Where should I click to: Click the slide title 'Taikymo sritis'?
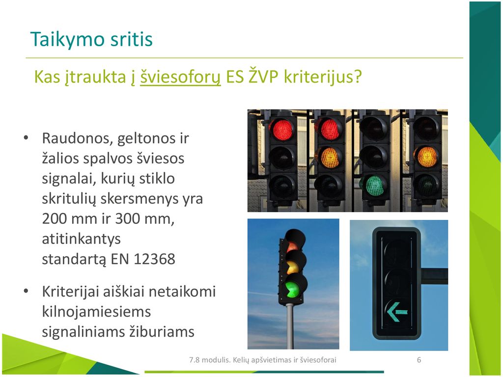click(91, 40)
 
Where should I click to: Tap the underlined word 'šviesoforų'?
click(180, 77)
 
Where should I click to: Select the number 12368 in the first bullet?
click(154, 259)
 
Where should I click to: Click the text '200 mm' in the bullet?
click(69, 219)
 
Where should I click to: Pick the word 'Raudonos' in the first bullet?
click(77, 138)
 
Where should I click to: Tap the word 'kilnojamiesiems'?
click(96, 312)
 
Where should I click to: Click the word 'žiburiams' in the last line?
click(162, 332)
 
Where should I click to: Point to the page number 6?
click(419, 360)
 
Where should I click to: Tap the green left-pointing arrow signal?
click(397, 312)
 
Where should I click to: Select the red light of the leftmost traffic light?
click(282, 130)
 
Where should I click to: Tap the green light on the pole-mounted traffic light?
click(293, 289)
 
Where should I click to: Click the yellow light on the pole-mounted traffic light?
click(293, 267)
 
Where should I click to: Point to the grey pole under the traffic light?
click(290, 326)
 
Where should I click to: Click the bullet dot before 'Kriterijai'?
click(27, 291)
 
